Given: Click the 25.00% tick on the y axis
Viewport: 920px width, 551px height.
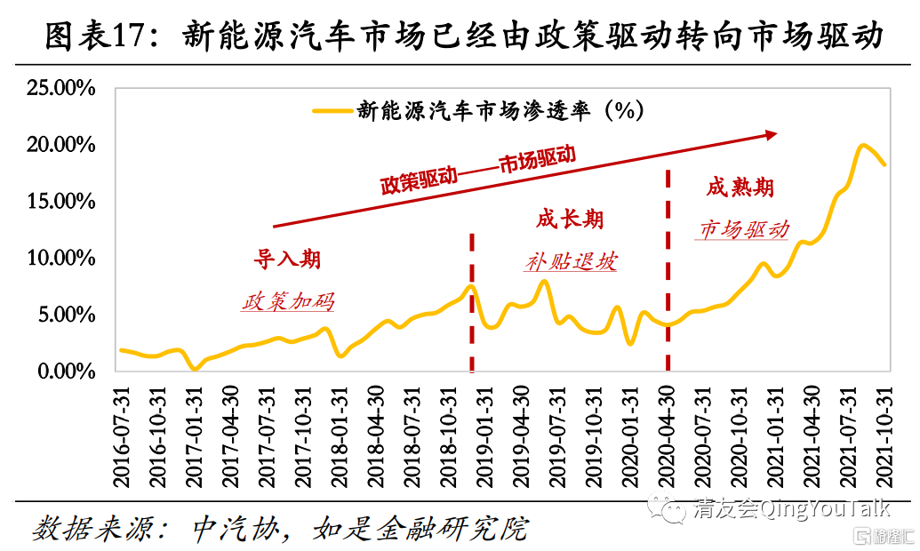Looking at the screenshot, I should tap(60, 88).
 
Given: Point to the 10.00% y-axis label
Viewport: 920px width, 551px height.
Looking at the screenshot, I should tap(60, 259).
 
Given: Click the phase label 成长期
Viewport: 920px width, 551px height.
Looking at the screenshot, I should tap(570, 219).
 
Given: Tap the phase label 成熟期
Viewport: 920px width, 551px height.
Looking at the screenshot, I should tap(740, 187).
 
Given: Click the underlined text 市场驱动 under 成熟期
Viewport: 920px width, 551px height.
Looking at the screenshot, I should tap(743, 229).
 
